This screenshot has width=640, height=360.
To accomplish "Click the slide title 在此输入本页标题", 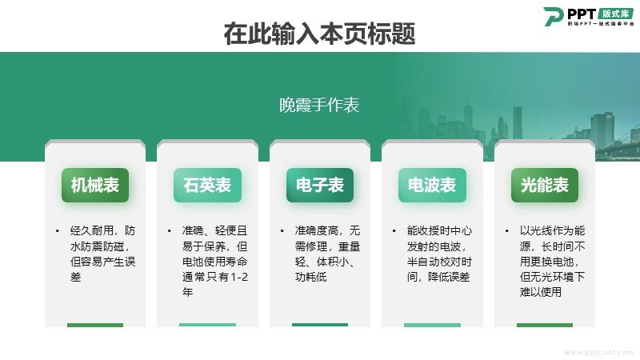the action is point(319,34).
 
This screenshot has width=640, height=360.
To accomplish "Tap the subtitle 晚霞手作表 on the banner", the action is point(319,105).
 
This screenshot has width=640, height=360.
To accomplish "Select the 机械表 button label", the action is point(95,185).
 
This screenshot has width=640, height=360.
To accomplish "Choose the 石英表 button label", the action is point(207,185).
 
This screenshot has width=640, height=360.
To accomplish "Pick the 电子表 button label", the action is point(320,185).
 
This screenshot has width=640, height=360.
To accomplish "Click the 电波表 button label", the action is point(432,185).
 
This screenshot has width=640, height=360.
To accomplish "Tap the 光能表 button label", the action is point(545,185).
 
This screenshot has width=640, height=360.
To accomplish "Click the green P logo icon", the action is point(554,16).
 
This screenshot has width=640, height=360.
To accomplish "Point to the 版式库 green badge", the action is point(615,14).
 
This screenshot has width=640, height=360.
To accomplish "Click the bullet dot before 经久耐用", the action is point(57,231).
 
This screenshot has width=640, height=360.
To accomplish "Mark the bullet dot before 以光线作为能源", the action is point(507,231).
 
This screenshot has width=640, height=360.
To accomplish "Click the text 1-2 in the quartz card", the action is point(238,277).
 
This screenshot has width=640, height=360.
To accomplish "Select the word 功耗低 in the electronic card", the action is point(311,277).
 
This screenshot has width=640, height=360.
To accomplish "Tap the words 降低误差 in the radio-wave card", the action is point(449,277).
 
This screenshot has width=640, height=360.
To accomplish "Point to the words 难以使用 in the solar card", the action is point(541,292).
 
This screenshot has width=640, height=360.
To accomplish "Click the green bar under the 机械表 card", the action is point(95,325).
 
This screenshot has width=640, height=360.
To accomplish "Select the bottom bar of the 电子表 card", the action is point(320,325).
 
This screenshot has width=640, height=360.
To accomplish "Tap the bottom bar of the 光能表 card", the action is point(545,325).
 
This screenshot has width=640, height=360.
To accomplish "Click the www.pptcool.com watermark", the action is point(598,352).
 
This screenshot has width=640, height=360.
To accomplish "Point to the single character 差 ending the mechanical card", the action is point(75,277).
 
